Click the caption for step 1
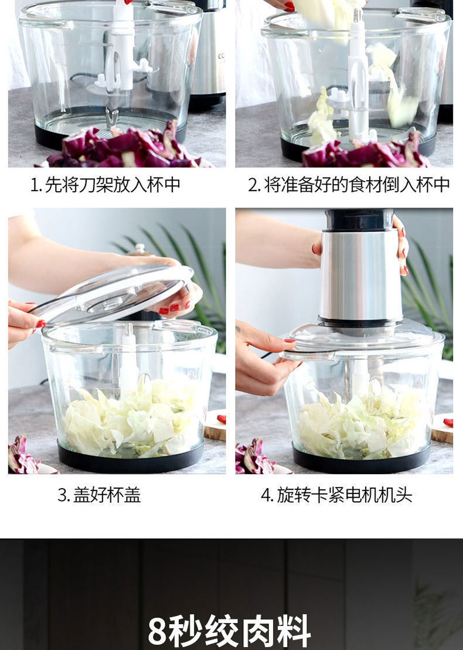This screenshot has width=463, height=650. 105,185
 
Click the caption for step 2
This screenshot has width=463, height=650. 349,185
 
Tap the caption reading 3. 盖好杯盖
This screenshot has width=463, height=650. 100,495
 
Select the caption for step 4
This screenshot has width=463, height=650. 336,495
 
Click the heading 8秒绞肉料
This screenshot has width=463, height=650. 230,631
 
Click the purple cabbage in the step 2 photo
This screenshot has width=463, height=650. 365,151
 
